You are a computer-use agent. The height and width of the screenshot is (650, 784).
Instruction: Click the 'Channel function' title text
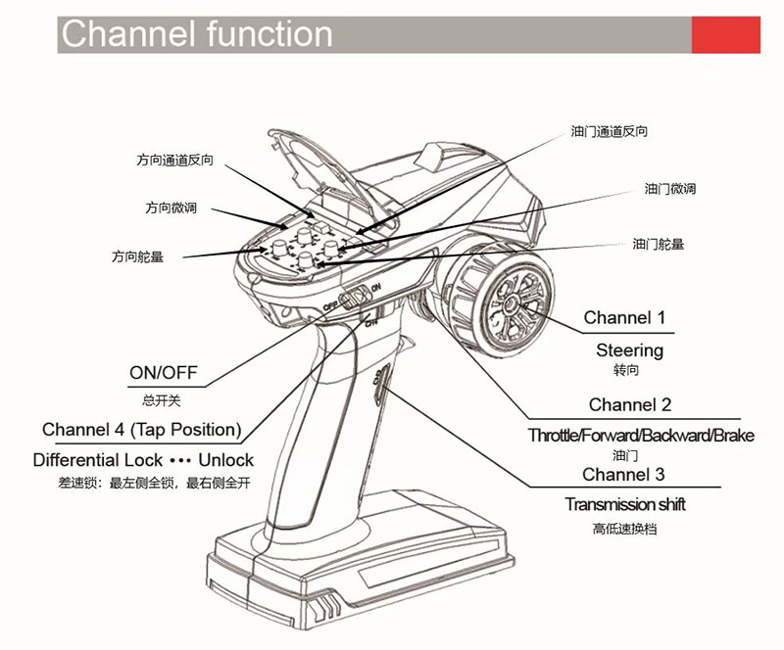click(x=196, y=34)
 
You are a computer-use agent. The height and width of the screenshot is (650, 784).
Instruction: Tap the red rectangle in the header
click(x=726, y=34)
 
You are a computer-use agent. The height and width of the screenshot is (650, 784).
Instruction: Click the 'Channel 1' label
click(x=624, y=317)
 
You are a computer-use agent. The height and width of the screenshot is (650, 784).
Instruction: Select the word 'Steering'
click(x=629, y=349)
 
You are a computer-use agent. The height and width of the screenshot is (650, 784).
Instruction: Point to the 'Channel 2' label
click(x=630, y=404)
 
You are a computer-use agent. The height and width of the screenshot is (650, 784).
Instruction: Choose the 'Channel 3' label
click(x=623, y=475)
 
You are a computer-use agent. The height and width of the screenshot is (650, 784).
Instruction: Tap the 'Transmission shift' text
click(x=625, y=504)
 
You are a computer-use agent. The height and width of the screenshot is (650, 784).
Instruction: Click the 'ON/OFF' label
click(x=164, y=373)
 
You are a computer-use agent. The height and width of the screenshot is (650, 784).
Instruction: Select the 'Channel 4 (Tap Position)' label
click(x=141, y=430)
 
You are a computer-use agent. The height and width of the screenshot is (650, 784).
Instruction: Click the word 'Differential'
click(x=84, y=460)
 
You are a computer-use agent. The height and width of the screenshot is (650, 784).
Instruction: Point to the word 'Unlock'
click(x=225, y=460)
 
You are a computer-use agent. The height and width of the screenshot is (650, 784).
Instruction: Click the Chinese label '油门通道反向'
click(x=609, y=131)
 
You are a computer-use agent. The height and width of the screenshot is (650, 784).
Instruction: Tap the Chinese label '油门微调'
click(x=670, y=189)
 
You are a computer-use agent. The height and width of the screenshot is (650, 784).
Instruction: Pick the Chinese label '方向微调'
click(x=171, y=209)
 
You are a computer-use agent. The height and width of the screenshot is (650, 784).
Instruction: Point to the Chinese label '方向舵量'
click(x=138, y=257)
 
